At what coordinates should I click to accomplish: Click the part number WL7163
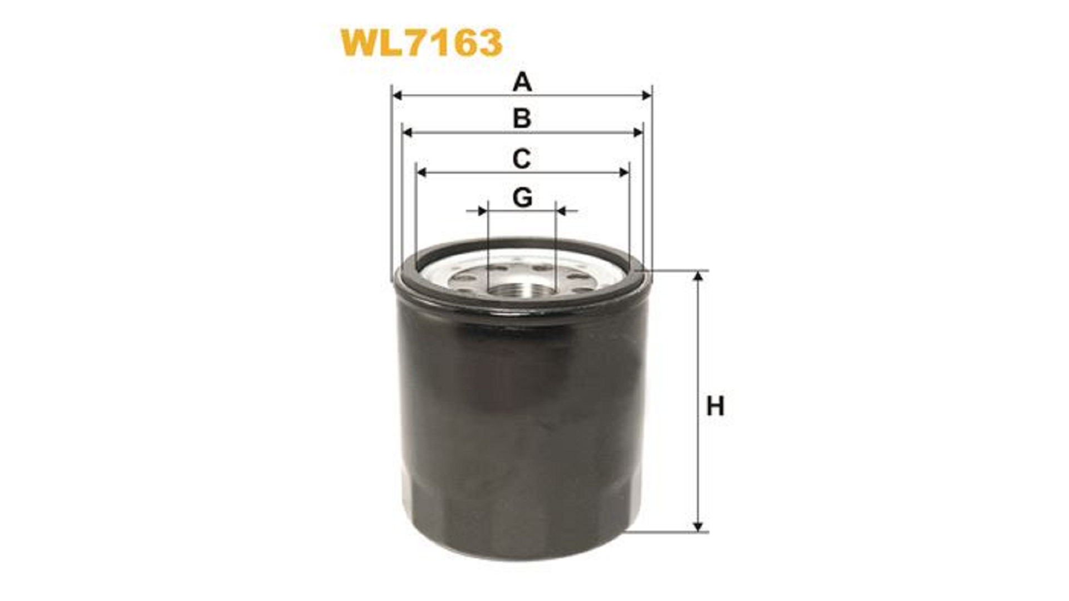421,43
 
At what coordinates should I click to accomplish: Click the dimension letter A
522,82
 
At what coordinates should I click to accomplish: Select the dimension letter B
522,119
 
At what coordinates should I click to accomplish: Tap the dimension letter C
522,159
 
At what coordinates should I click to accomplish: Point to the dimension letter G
522,198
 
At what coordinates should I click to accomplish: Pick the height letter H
715,407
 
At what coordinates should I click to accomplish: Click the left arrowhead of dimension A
397,96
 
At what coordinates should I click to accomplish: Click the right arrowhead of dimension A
646,96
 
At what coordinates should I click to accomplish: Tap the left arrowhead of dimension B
407,132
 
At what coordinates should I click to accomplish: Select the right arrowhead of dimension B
638,132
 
